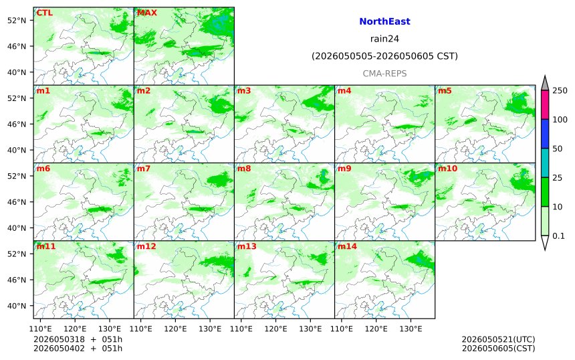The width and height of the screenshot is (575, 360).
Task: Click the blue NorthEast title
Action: [384, 21]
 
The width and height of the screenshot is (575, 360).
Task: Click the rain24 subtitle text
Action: [384, 39]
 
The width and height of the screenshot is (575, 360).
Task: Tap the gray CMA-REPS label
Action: [384, 74]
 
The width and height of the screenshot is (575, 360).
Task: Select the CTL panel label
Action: [44, 13]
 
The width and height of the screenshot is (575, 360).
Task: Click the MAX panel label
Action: [147, 13]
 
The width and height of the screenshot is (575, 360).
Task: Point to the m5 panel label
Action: [445, 90]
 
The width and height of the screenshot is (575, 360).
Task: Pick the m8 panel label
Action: [244, 169]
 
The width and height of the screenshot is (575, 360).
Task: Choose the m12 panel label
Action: [146, 246]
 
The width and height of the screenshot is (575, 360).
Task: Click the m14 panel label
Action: [347, 246]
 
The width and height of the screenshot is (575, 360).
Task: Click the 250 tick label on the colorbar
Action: [560, 90]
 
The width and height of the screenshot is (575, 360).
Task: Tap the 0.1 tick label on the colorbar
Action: [558, 236]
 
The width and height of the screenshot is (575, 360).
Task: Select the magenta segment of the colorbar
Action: [545, 104]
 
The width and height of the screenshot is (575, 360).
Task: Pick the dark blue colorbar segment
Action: [545, 134]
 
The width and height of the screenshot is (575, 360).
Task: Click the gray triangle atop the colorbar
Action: [545, 83]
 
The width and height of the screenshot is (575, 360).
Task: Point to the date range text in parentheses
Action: [384, 56]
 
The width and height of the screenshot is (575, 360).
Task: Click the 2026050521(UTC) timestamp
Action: [498, 339]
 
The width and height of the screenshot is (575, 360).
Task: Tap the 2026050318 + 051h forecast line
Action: [78, 339]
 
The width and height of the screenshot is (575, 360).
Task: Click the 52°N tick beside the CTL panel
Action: [17, 21]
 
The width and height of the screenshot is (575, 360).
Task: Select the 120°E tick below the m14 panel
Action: [376, 329]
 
